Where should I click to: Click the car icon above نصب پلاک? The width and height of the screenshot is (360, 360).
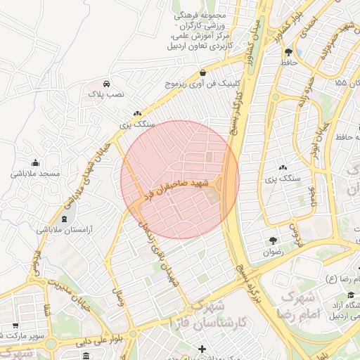(106, 82)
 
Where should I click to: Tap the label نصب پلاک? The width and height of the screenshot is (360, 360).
(106, 93)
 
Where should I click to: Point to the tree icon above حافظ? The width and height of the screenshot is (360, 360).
(288, 51)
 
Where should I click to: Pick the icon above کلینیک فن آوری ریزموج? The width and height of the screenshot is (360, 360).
(202, 72)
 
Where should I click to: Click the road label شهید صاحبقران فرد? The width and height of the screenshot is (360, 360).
(175, 188)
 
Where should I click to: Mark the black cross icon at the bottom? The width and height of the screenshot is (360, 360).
(202, 349)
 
